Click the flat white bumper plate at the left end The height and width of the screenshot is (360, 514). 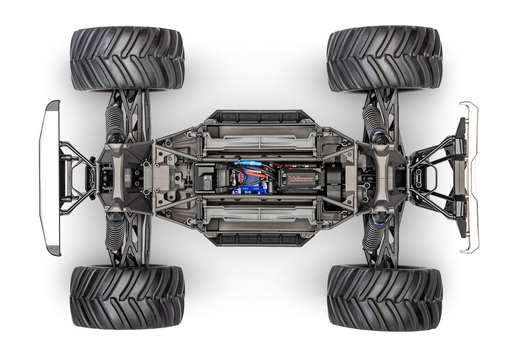50,177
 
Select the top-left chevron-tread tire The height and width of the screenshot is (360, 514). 127,59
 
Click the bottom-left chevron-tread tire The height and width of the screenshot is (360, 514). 127,296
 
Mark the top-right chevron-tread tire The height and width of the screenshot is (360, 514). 384,59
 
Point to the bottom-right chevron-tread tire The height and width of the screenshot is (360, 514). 384,296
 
